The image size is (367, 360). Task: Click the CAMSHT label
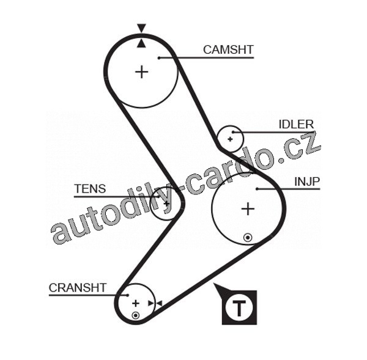tap(228, 50)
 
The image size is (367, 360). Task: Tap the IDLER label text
tap(296, 125)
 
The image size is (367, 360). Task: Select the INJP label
tap(308, 181)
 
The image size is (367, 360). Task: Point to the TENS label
tap(89, 189)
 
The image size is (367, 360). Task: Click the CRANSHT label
tap(78, 287)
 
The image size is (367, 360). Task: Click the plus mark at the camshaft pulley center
tap(141, 72)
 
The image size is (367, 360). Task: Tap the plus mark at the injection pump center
tap(247, 209)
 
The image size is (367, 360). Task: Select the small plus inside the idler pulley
tap(230, 139)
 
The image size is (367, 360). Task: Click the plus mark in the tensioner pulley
tap(166, 204)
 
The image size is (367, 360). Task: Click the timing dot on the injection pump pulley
tap(247, 237)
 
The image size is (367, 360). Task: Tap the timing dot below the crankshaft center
tap(135, 315)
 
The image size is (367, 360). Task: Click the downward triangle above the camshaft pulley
tap(141, 28)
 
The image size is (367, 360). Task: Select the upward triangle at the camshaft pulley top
tap(141, 43)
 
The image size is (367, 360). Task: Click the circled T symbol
tap(239, 307)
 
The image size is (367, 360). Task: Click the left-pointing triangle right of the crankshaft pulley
tap(158, 303)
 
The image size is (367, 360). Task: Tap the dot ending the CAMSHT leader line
tap(158, 58)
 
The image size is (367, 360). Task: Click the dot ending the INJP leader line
tap(258, 189)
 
